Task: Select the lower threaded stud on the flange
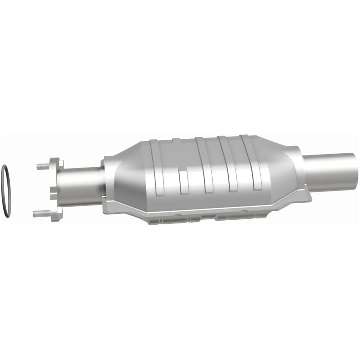tap(42, 213)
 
